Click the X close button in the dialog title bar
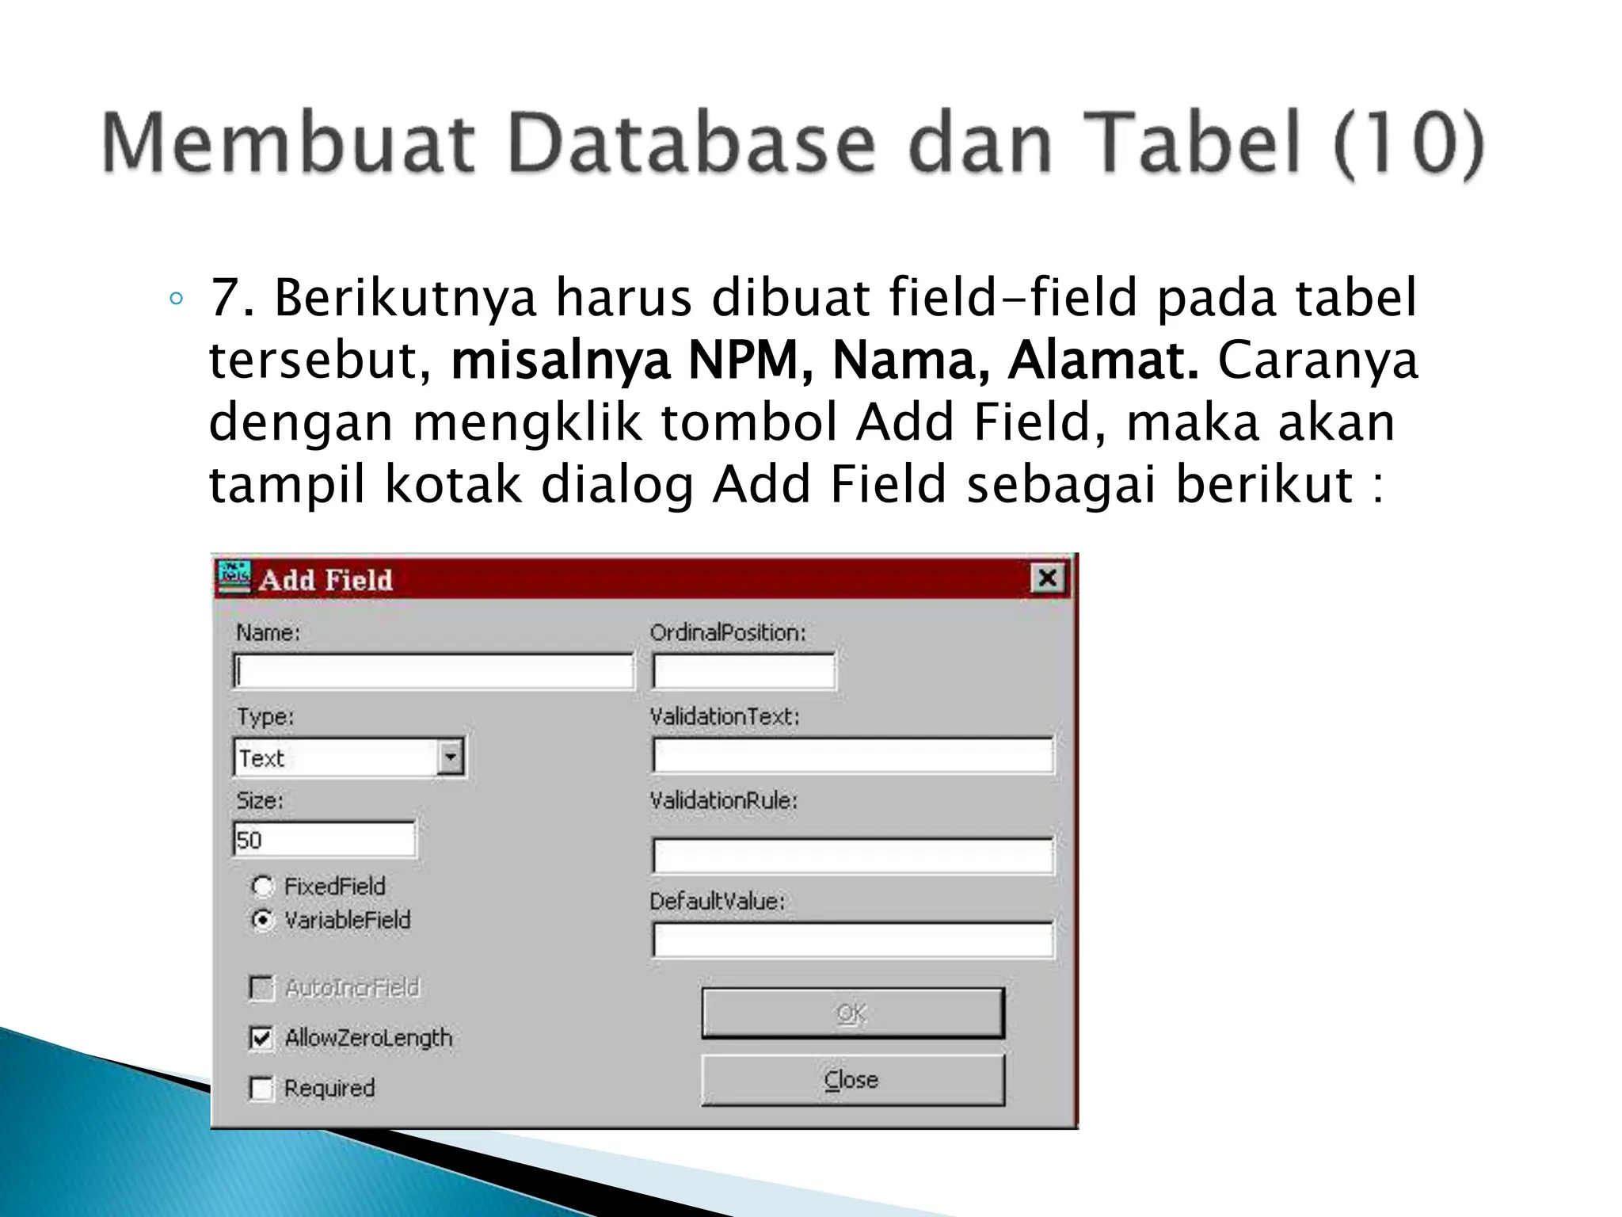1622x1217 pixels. click(x=1047, y=578)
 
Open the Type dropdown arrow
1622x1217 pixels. click(x=451, y=757)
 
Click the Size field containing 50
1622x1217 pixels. click(x=325, y=840)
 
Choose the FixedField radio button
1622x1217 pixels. click(x=262, y=886)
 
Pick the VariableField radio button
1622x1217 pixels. click(x=262, y=920)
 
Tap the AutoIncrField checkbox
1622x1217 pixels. click(x=261, y=988)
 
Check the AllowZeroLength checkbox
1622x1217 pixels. click(x=261, y=1038)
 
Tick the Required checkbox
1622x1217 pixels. click(x=261, y=1089)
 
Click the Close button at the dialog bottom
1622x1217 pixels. click(x=852, y=1080)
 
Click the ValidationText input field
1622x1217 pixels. click(x=852, y=756)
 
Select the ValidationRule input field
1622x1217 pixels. click(x=852, y=856)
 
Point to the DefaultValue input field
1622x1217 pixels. click(x=852, y=940)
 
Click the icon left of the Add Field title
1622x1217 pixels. click(x=235, y=578)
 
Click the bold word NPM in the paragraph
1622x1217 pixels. click(x=744, y=361)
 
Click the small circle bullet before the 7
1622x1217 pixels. click(x=177, y=299)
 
